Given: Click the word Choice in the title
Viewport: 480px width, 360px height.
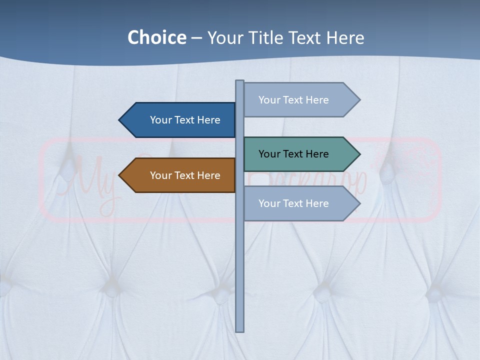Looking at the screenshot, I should (x=156, y=37).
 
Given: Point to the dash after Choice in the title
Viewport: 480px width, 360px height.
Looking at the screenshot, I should (x=196, y=38).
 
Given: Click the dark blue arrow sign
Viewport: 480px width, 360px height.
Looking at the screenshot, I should (x=177, y=120).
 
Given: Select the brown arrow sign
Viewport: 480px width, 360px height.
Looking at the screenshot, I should (x=177, y=175).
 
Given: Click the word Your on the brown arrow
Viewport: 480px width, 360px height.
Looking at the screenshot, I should (x=161, y=175).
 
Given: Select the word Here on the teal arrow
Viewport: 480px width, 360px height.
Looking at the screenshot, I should (x=316, y=154).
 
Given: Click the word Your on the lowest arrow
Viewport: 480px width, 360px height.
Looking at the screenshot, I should (x=269, y=203).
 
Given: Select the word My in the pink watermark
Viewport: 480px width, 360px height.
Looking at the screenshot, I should (x=90, y=180).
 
